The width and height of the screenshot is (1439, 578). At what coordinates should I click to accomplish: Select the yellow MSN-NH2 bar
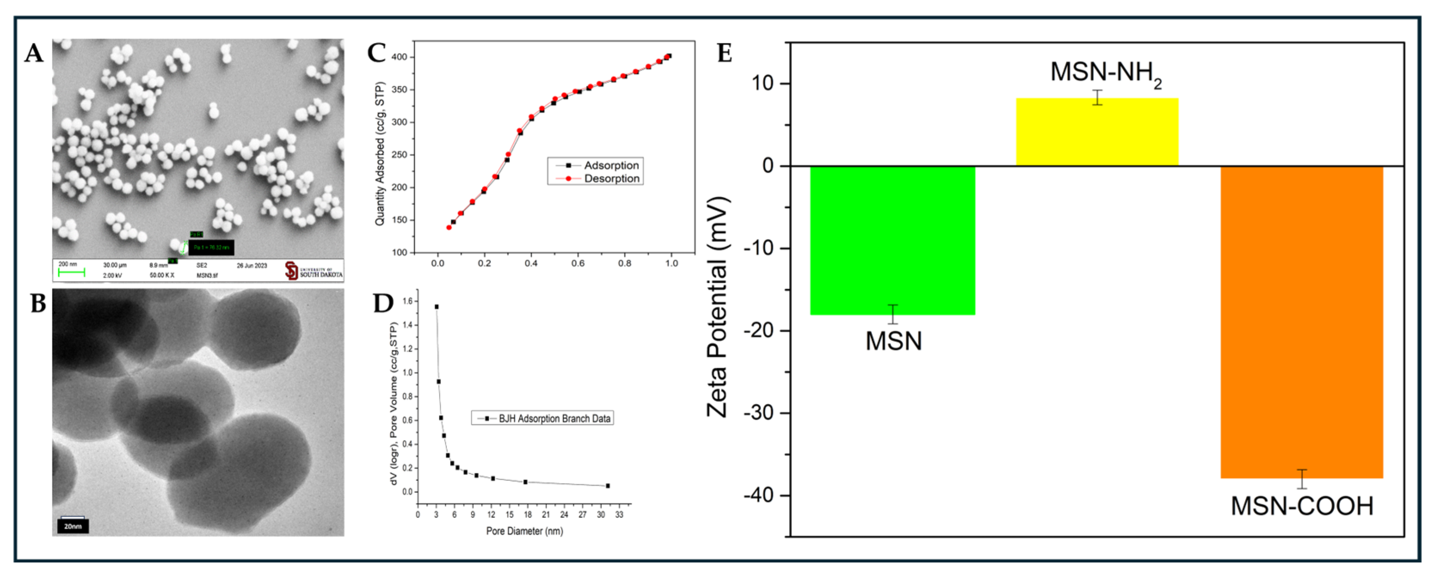coord(1097,132)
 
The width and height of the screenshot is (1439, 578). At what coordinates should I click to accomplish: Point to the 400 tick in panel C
coord(400,57)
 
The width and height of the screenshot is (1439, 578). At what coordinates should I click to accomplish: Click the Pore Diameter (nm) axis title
coord(524,531)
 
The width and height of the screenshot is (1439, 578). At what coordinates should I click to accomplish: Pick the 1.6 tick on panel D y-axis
coord(407,301)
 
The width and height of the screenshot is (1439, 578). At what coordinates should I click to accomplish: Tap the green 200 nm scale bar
coord(71,272)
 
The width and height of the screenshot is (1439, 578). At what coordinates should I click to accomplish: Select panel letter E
coord(725,54)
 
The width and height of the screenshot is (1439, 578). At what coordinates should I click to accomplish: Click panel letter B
coord(37,304)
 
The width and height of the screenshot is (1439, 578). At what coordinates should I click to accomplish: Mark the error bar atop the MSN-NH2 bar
coord(1098,97)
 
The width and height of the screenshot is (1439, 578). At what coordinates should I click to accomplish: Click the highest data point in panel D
coord(436,306)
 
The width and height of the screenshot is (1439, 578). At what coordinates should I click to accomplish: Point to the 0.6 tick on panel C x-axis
coord(578,263)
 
